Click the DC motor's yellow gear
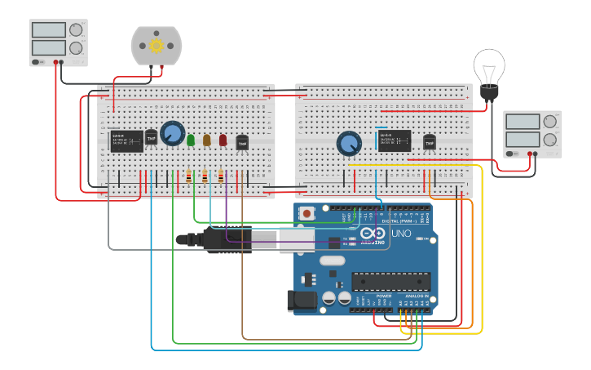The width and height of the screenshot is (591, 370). [157, 46]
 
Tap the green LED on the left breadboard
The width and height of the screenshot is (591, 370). [191, 140]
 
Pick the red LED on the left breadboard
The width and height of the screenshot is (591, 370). [223, 140]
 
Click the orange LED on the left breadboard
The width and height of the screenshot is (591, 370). [207, 140]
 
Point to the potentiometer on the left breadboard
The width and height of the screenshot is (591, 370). [173, 133]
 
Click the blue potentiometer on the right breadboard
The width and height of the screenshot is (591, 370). [349, 144]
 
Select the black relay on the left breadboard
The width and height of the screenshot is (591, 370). [127, 140]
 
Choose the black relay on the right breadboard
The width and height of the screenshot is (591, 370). [395, 140]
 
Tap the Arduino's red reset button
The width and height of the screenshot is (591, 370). [307, 213]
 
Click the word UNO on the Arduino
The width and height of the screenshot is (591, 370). [402, 234]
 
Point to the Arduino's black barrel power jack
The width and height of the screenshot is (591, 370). [302, 301]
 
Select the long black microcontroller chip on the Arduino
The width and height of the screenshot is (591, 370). [391, 282]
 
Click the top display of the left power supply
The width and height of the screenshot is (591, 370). [48, 30]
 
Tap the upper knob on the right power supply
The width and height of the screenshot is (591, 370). [549, 122]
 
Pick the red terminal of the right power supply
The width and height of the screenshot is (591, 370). [530, 154]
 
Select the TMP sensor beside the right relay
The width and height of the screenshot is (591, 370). [430, 141]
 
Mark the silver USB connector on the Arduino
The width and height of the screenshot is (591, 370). [297, 239]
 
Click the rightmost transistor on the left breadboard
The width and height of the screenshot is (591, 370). [242, 143]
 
